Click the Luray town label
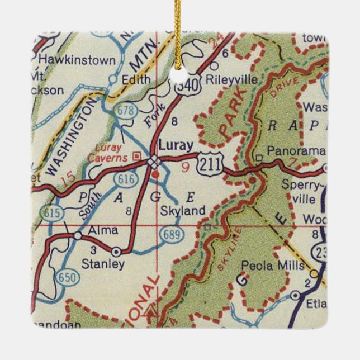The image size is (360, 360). click(176, 144)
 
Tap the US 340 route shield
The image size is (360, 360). click(184, 87)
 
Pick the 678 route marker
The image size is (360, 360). click(125, 111)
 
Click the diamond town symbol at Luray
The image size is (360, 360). click(154, 162)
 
